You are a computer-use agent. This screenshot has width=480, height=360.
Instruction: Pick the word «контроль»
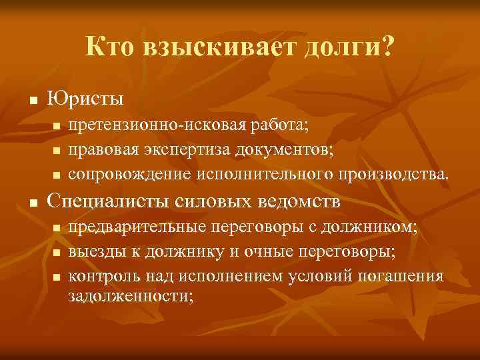pyautogui.click(x=99, y=276)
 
